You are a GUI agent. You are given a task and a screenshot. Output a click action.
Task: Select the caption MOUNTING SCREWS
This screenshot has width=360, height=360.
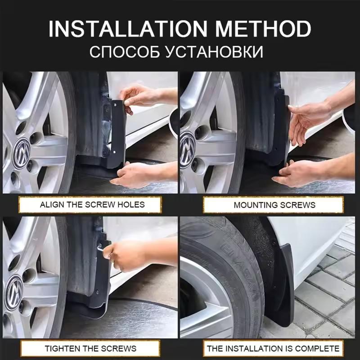(274, 205)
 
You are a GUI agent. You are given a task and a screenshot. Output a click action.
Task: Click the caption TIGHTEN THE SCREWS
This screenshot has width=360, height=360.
(90, 348)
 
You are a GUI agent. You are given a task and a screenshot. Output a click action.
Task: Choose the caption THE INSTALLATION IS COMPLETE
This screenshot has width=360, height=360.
(273, 348)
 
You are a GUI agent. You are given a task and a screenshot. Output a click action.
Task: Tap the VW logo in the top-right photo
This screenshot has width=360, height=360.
(187, 144)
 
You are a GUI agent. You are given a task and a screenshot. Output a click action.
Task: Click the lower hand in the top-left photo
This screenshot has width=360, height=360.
(144, 173)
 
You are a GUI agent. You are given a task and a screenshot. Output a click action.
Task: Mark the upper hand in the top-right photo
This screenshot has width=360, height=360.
(310, 117)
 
